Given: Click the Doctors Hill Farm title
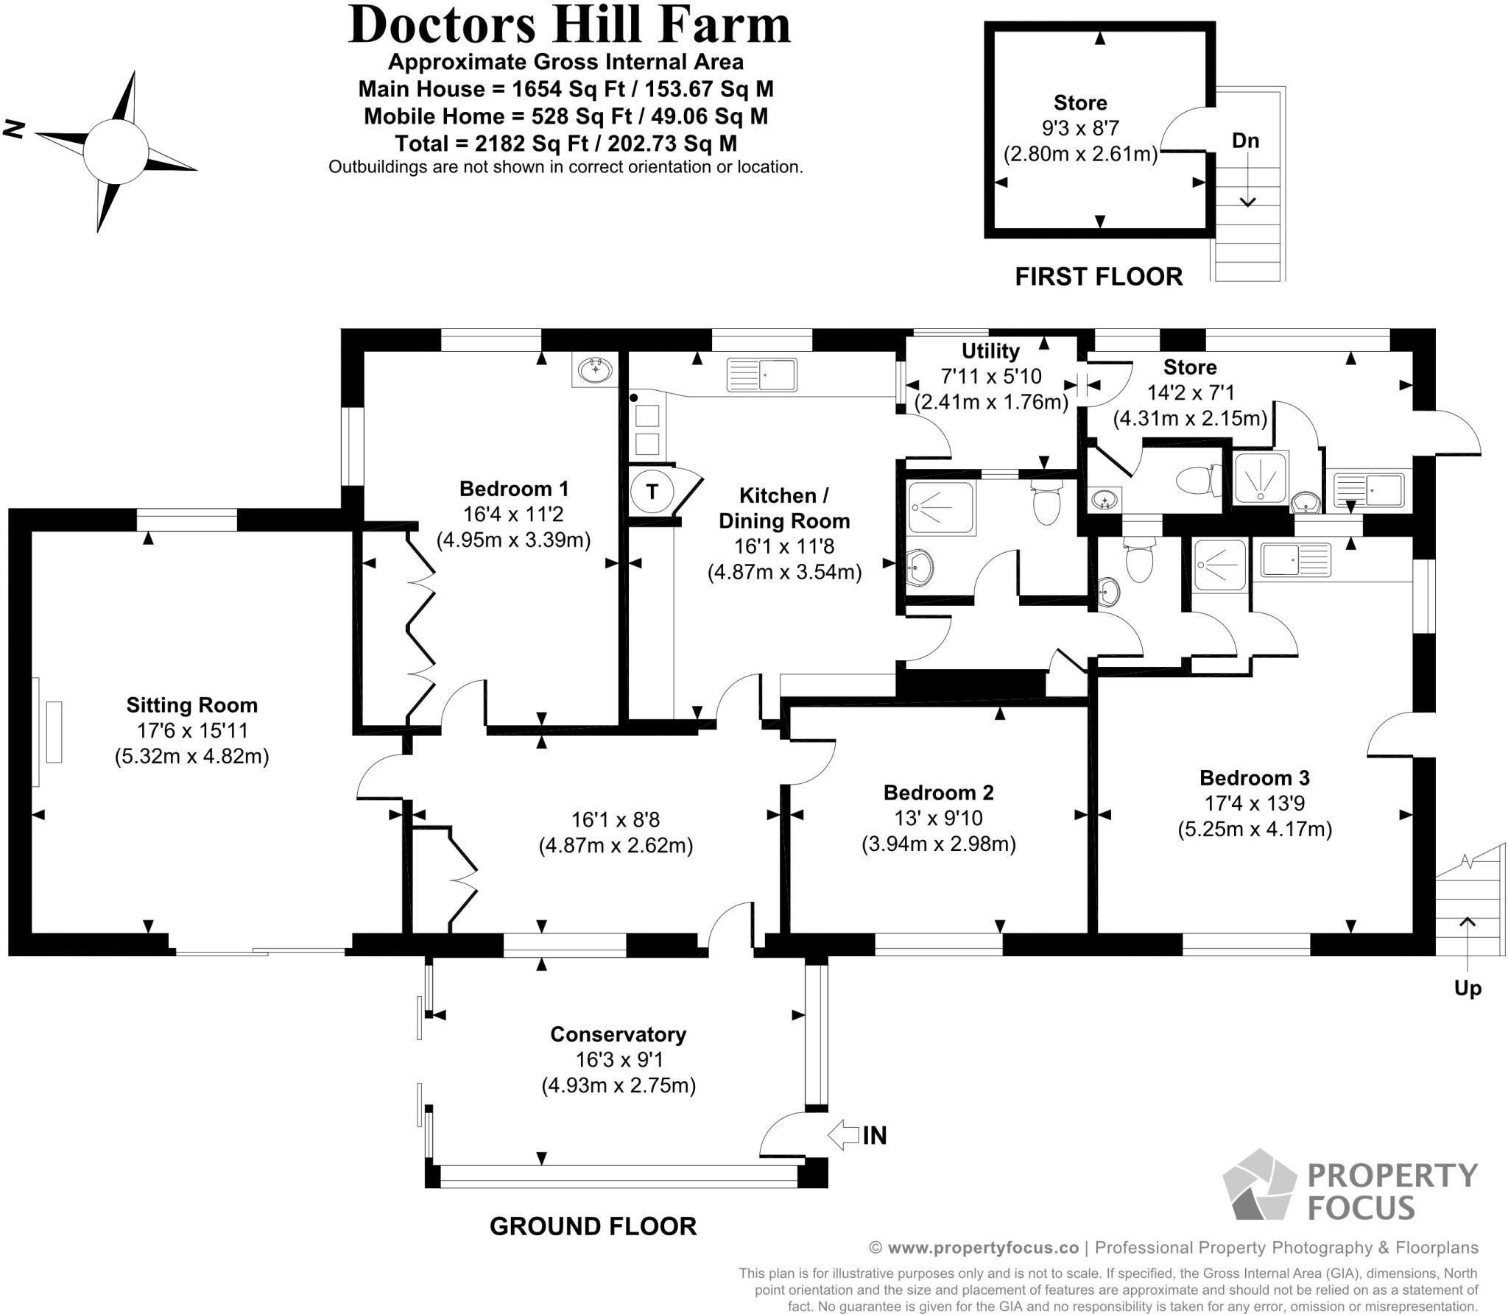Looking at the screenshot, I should (568, 25).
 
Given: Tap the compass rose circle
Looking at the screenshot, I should (116, 152).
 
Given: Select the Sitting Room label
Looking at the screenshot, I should (191, 705).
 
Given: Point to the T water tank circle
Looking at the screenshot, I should (652, 491).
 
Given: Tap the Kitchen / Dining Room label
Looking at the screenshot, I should (784, 508).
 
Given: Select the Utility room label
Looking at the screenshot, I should (990, 351).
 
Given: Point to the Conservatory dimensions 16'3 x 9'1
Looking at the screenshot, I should (618, 1060).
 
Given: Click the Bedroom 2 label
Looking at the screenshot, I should (938, 793).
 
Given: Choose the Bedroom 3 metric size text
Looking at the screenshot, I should (1254, 830).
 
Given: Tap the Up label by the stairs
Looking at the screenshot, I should (1467, 988).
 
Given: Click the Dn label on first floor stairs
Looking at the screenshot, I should (1245, 141).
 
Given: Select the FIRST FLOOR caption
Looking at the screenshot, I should (1099, 277).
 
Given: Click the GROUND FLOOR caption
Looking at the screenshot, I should (593, 1226).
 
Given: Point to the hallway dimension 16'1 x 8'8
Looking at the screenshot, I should (616, 819).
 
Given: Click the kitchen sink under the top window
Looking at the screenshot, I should (761, 375).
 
